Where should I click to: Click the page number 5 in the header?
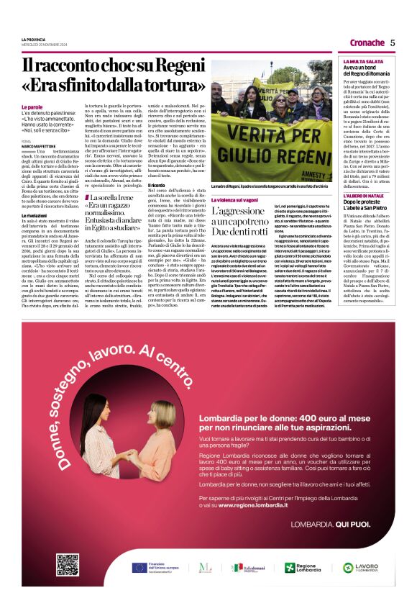[x=393, y=42]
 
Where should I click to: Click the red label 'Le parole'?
[x=31, y=107]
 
